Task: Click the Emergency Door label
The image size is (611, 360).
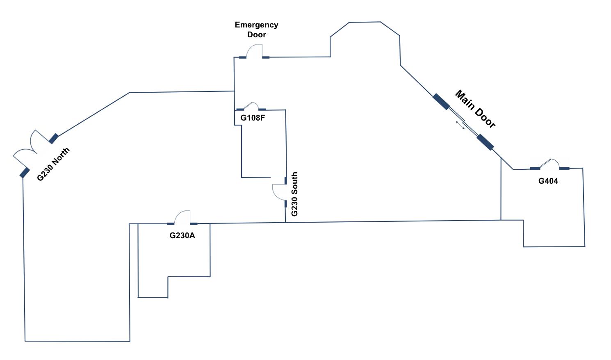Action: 256,30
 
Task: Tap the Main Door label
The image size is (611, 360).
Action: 475,109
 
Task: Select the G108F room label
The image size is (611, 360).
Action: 253,118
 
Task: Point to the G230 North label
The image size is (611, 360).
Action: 53,164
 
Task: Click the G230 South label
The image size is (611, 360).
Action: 294,194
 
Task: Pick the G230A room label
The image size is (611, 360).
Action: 182,236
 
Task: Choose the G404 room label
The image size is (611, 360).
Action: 548,181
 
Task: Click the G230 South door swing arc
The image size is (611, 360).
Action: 278,192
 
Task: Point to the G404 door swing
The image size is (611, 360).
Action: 549,163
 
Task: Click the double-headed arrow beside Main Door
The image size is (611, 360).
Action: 461,125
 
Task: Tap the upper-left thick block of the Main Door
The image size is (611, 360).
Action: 441,102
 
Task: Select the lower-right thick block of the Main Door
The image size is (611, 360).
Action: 485,142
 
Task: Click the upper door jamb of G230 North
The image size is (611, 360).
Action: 53,139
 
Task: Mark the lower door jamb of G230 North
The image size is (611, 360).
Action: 25,173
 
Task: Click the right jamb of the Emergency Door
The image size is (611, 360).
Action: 266,57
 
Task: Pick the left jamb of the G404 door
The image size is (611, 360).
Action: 535,169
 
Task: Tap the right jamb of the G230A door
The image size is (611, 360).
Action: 194,224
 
